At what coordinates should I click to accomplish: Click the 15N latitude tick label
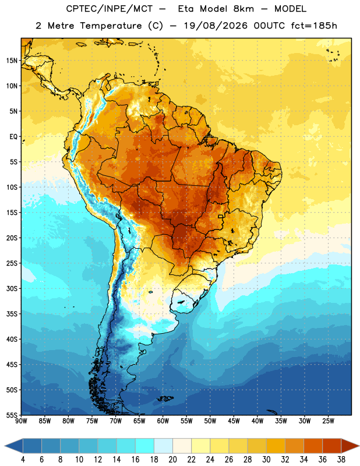click(x=12, y=61)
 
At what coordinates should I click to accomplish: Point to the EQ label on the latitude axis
click(x=13, y=137)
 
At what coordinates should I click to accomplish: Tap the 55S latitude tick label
click(x=12, y=415)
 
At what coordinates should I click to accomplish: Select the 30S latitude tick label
click(x=12, y=288)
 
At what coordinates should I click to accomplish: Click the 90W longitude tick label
click(x=21, y=421)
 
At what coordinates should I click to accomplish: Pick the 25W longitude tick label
click(x=328, y=421)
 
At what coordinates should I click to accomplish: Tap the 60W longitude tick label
click(x=163, y=421)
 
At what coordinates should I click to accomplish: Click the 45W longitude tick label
click(x=234, y=421)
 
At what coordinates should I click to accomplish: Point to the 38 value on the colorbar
click(x=341, y=460)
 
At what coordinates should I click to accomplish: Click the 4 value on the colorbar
click(x=23, y=460)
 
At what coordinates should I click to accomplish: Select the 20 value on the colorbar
click(x=172, y=460)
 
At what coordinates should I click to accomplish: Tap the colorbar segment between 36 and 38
click(x=332, y=446)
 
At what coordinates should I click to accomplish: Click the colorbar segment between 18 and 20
click(x=163, y=446)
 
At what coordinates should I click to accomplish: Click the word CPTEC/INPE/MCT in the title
click(x=110, y=9)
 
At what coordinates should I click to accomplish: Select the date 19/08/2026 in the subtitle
click(x=216, y=26)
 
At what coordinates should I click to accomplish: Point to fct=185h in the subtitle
click(x=314, y=26)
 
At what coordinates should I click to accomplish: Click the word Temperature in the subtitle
click(x=111, y=26)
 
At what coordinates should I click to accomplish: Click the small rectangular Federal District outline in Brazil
click(x=221, y=216)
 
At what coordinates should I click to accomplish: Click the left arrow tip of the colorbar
click(x=5, y=446)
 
